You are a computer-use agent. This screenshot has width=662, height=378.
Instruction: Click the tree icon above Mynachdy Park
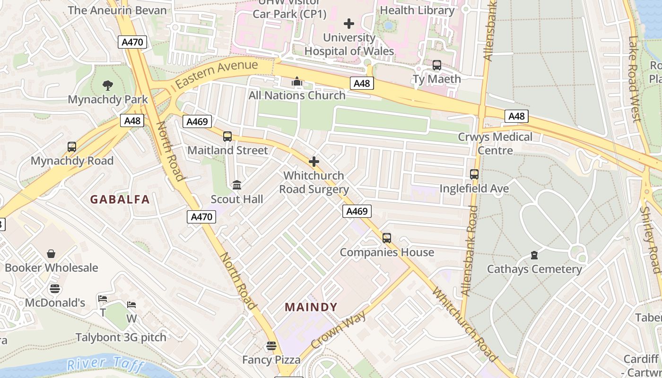tap(108, 86)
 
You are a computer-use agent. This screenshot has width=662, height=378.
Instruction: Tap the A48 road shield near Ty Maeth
tap(362, 83)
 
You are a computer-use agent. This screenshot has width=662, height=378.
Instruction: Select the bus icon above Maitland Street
tap(227, 137)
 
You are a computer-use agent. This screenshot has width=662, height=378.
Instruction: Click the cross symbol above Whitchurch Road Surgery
tap(314, 162)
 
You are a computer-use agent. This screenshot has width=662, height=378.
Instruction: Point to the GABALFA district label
tap(120, 199)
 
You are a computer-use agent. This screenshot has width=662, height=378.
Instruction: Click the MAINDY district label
tap(311, 307)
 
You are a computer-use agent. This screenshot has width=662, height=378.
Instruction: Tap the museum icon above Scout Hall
tap(237, 185)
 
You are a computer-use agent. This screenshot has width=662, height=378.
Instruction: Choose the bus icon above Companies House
tap(387, 238)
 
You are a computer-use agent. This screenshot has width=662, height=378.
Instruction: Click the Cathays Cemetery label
tap(534, 269)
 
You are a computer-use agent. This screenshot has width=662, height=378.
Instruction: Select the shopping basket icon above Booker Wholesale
tap(51, 254)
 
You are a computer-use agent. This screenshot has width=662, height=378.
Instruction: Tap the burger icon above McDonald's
tap(55, 289)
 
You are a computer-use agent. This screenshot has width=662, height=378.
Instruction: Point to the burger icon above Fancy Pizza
tap(271, 346)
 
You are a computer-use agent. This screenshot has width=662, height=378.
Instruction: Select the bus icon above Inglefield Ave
tap(474, 174)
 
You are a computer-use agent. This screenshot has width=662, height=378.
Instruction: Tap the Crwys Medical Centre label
tap(495, 143)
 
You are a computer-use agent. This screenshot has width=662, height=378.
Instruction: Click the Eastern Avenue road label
tap(217, 75)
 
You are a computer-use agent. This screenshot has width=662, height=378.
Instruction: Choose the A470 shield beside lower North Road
tap(202, 217)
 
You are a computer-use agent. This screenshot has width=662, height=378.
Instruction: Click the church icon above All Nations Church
tap(297, 82)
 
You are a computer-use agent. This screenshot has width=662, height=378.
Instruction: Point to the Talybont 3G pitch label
tap(121, 337)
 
